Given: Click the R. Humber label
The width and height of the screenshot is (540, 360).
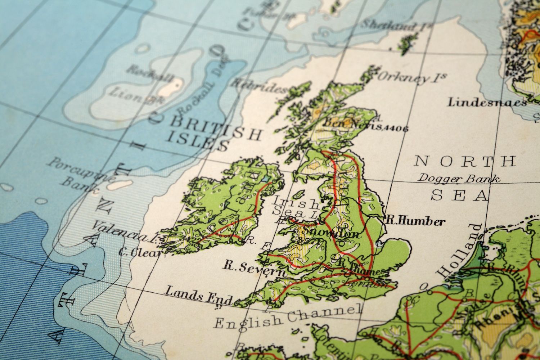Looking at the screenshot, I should tap(415, 220).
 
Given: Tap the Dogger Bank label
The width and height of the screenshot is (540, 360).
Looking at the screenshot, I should tap(459, 178).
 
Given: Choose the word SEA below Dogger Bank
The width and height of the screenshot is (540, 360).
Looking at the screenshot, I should tap(459, 195).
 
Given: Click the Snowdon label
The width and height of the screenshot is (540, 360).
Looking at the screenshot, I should tap(331, 233).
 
